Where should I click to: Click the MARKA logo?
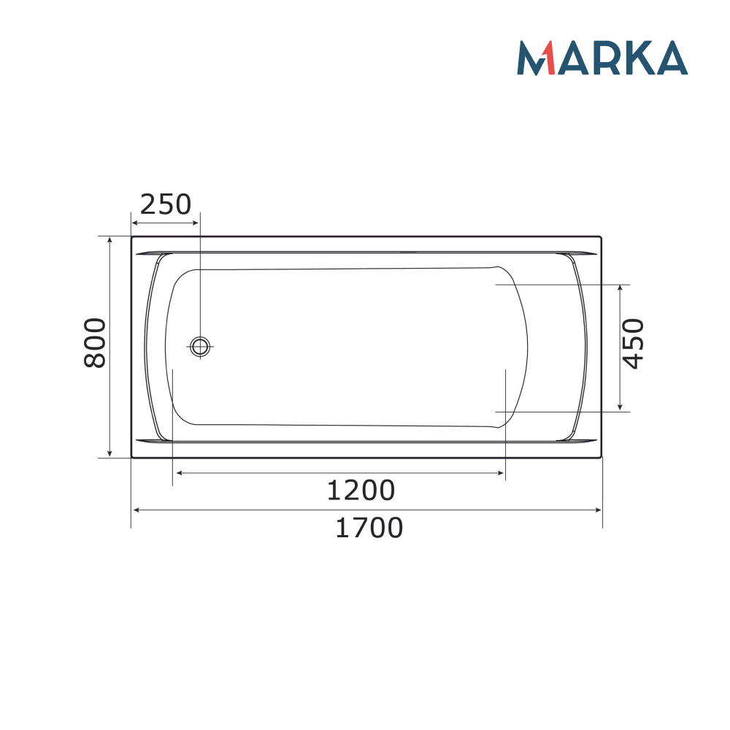602,58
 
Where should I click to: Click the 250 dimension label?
165,204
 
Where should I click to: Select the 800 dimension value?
96,343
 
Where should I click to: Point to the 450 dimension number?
634,344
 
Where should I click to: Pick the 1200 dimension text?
360,491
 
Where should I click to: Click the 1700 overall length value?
369,527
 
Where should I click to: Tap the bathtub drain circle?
200,347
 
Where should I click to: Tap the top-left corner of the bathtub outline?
132,237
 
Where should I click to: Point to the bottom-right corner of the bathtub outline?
602,457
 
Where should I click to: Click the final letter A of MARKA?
671,58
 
